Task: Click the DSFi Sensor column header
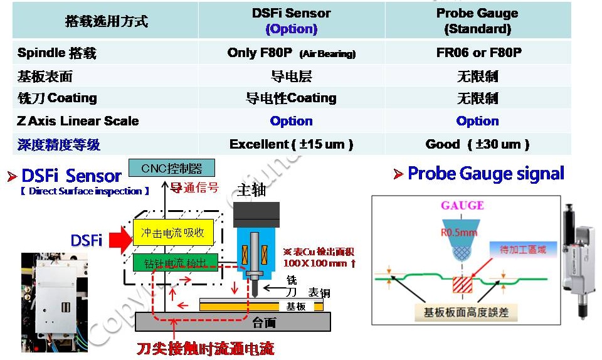[x=291, y=21]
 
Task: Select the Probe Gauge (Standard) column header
[x=478, y=21]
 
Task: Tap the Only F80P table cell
[x=291, y=53]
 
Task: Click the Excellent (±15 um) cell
[x=291, y=144]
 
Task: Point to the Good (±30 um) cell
[x=477, y=144]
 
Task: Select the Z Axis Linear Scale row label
[x=78, y=121]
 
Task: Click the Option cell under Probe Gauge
[x=477, y=121]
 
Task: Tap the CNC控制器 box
[x=171, y=168]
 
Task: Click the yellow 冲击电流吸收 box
[x=173, y=233]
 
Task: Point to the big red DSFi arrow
[x=116, y=240]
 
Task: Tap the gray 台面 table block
[x=233, y=322]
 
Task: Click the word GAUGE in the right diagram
[x=462, y=205]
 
